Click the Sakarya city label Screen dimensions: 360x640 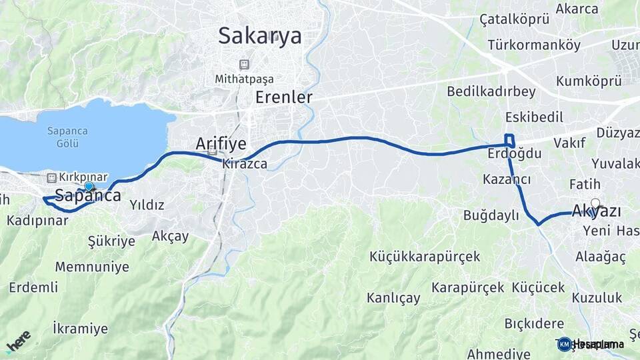tap(260, 35)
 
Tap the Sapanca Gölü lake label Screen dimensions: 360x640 tap(67, 137)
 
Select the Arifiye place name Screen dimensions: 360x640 tap(221, 143)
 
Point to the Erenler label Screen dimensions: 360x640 tap(284, 97)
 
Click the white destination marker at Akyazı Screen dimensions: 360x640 tap(595, 204)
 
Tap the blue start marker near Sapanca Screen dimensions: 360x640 tap(89, 186)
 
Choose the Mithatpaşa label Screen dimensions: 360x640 tap(244, 79)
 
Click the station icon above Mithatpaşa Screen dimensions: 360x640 tap(244, 65)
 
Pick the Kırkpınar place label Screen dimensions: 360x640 tap(83, 177)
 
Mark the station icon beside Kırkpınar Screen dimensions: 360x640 tap(52, 177)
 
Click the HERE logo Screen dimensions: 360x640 tap(18, 341)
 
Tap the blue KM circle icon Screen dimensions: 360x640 tap(564, 344)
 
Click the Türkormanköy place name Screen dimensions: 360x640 tap(534, 45)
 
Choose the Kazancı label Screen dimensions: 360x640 tap(507, 179)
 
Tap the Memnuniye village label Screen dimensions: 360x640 tap(92, 267)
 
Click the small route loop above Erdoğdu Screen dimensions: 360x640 tap(509, 140)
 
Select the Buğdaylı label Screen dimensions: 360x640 tap(491, 215)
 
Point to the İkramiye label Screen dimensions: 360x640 tap(80, 328)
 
